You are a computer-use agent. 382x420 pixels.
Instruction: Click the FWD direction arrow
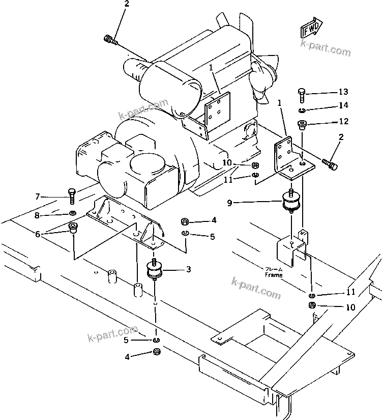311,27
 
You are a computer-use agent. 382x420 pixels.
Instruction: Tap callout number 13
343,92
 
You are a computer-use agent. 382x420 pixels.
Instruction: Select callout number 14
343,105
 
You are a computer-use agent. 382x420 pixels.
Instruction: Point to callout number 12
344,121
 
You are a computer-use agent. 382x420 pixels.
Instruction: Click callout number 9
229,203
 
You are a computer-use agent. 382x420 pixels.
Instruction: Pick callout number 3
189,269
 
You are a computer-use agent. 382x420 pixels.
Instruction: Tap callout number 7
38,197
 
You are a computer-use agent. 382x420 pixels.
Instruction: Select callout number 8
37,215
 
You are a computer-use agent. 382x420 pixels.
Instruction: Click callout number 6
38,234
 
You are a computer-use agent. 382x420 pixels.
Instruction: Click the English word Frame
274,275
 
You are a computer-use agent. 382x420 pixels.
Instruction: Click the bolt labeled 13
302,95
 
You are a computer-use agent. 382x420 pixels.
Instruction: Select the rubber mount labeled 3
154,270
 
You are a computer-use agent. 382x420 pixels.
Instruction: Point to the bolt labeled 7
72,197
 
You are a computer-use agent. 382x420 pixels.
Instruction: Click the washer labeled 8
72,213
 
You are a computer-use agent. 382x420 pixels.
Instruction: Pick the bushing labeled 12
302,125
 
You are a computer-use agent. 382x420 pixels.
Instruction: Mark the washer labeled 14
302,110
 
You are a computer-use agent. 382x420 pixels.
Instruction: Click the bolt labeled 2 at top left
110,40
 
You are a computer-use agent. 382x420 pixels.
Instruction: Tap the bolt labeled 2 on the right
330,164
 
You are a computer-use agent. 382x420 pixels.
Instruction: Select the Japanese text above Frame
274,269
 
